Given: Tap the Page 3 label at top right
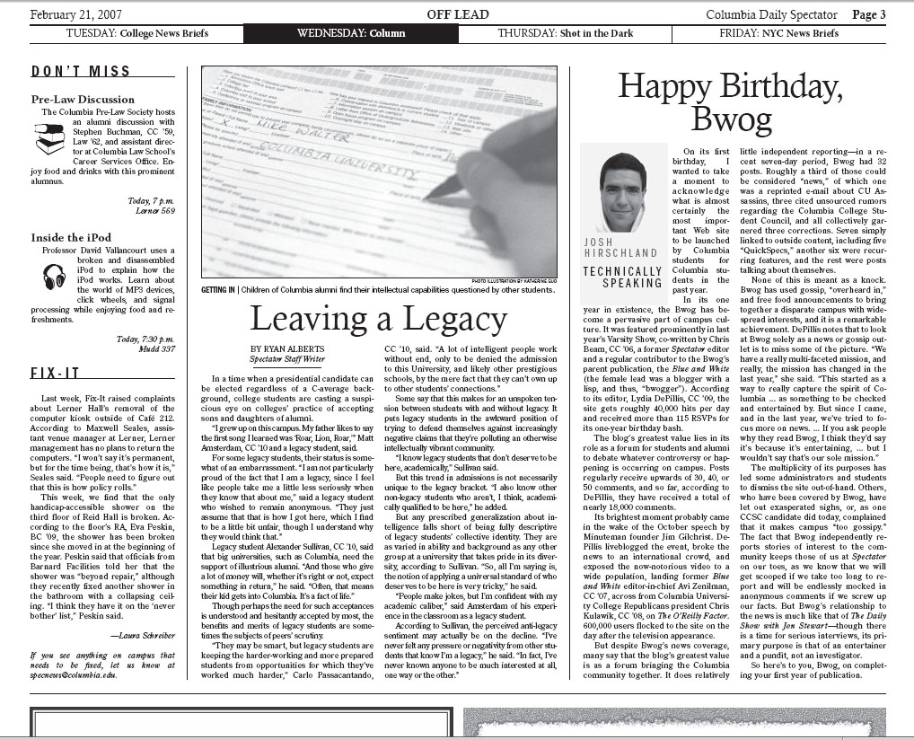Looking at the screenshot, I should pos(868,14).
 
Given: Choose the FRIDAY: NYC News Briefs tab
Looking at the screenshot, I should pos(779,34).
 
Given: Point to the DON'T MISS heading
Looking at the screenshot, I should pos(81,72).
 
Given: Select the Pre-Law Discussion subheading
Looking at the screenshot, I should pos(83,99).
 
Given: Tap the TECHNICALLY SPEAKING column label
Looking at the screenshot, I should pos(622,277).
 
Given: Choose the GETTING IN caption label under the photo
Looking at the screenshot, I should pos(219,291).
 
